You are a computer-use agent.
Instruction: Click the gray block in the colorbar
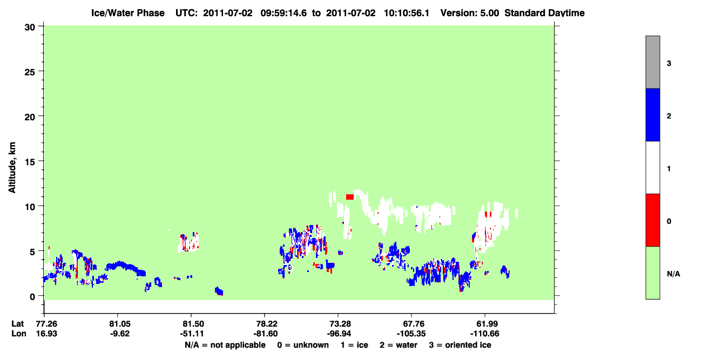pos(652,62)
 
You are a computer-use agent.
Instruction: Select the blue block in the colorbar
pos(652,114)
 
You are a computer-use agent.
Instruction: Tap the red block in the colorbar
pos(652,220)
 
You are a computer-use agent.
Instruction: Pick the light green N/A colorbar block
pos(652,273)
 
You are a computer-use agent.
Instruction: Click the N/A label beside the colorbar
pos(673,274)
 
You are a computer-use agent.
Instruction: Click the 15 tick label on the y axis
pos(30,161)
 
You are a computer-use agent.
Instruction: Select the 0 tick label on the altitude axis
pos(32,296)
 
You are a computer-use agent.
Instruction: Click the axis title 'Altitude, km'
pos(12,168)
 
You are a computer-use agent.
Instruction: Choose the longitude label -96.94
pos(338,334)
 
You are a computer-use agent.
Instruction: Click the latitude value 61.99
pos(485,324)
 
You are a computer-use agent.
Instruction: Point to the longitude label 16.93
pos(46,334)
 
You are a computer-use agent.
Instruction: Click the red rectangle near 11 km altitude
pos(350,197)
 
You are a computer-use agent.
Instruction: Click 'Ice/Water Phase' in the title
pos(128,13)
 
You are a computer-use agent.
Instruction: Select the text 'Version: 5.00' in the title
pos(470,13)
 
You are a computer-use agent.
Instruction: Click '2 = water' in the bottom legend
pos(399,345)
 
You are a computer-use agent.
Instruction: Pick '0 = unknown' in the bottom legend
pos(303,345)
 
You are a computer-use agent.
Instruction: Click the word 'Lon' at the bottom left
pos(19,334)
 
